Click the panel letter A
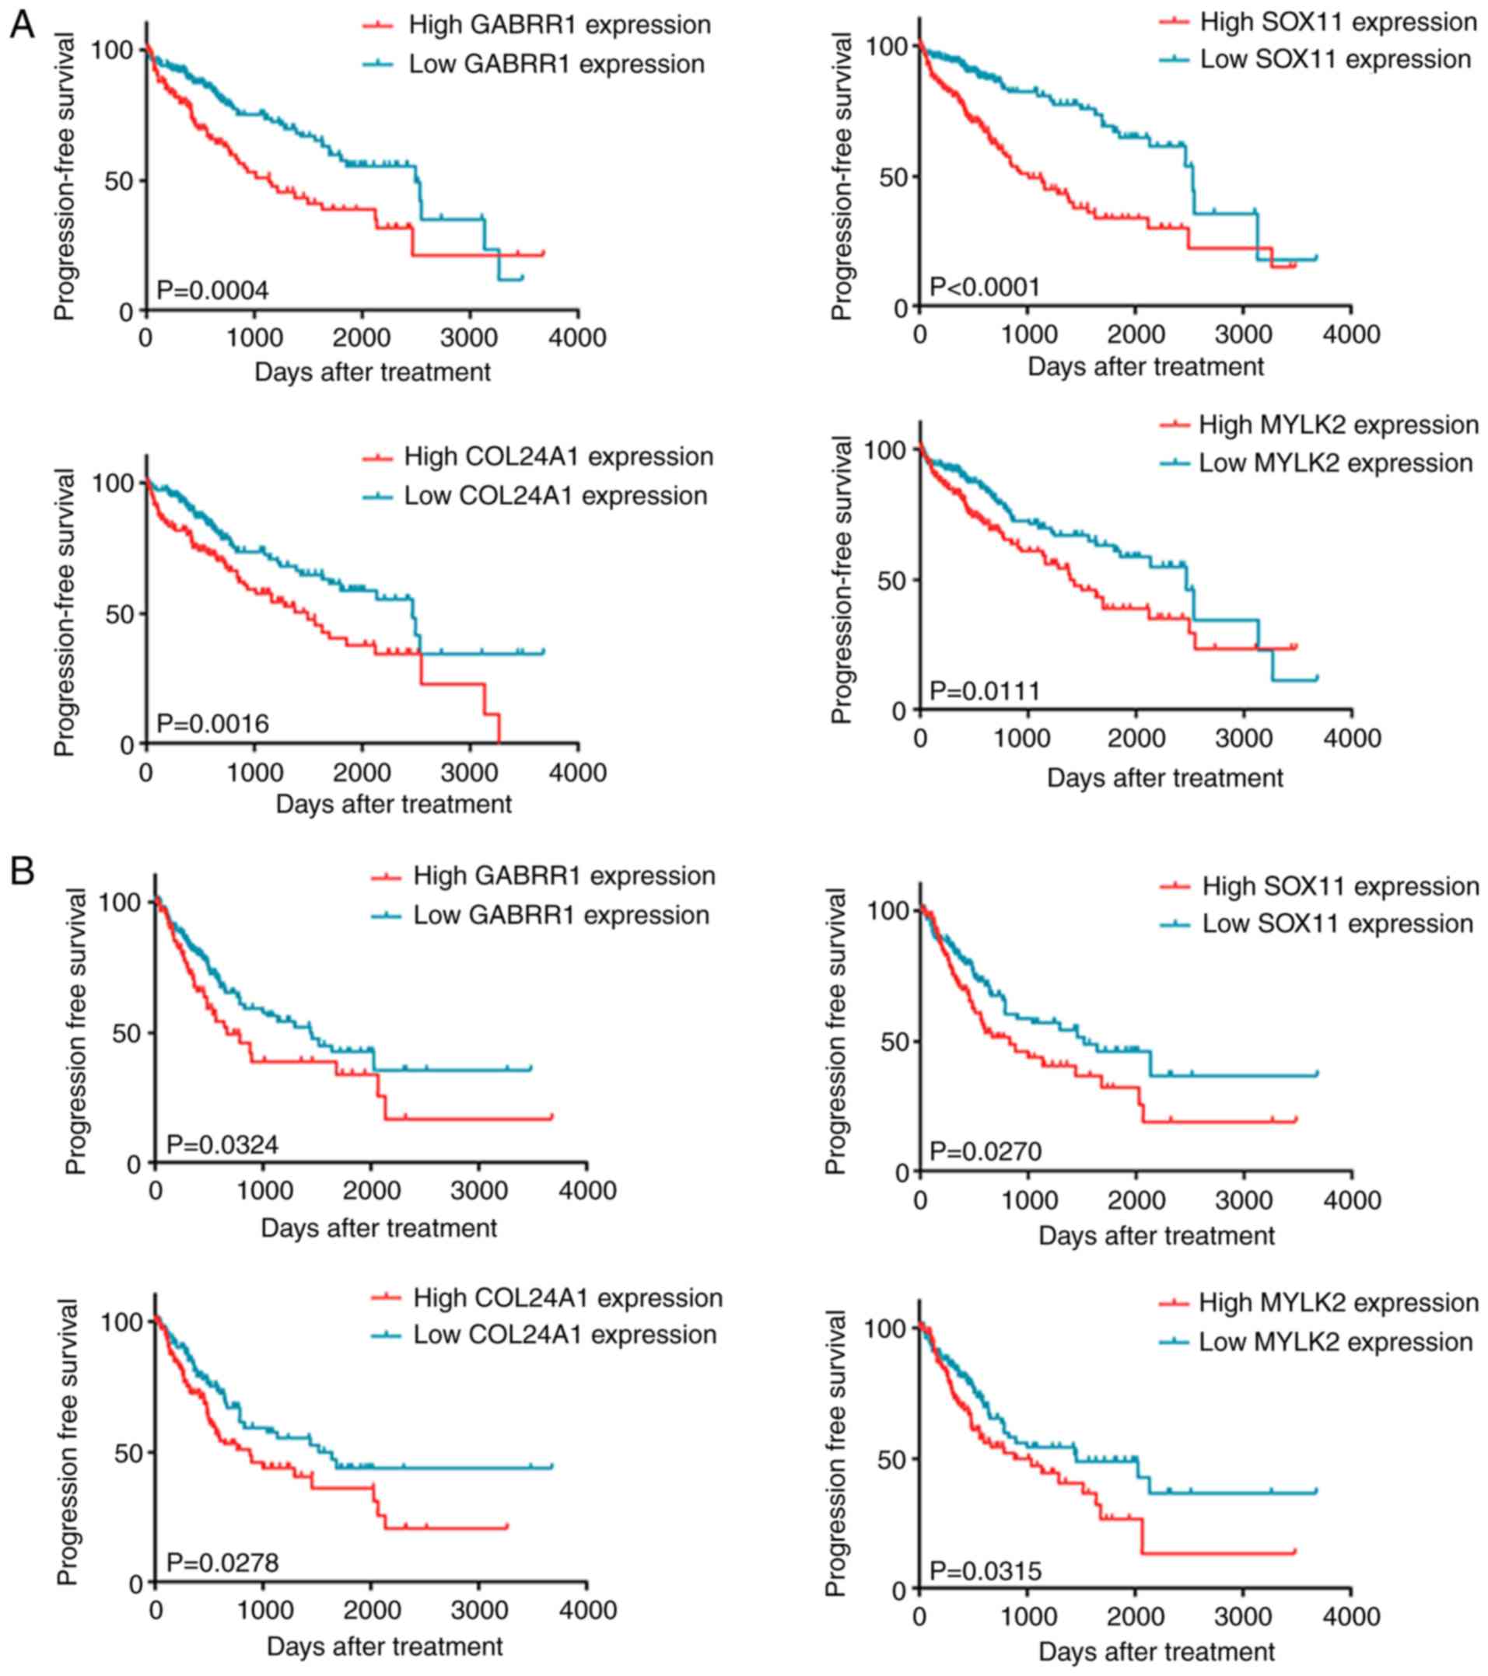click(x=22, y=25)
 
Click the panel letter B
click(x=22, y=871)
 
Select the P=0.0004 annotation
click(x=212, y=290)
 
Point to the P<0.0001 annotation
click(x=984, y=287)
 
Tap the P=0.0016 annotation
click(x=212, y=723)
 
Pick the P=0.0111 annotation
click(x=984, y=690)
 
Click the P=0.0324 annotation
click(x=222, y=1144)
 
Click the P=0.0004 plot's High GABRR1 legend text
click(x=559, y=25)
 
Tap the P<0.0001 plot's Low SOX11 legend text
click(x=1336, y=59)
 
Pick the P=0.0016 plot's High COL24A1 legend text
click(x=558, y=457)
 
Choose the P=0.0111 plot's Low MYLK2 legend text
click(x=1336, y=463)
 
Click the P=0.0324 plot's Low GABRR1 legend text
click(x=561, y=915)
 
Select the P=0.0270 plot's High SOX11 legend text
click(x=1340, y=886)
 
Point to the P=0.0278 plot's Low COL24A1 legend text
click(x=565, y=1335)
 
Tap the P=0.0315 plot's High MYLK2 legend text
click(x=1339, y=1302)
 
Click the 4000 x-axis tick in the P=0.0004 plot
click(x=578, y=338)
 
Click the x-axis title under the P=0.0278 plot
click(x=385, y=1646)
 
